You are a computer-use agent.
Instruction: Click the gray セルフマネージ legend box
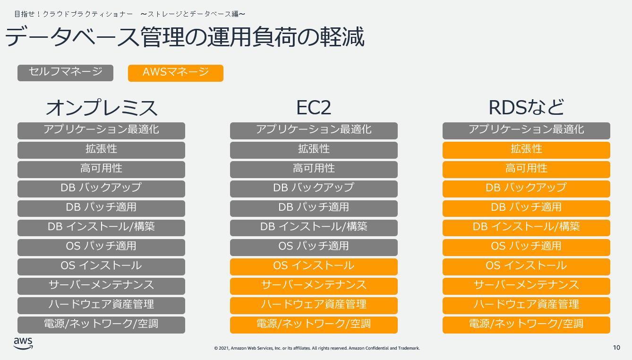[x=66, y=73]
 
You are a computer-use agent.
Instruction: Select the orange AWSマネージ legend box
[x=176, y=73]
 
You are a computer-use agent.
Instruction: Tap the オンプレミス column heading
[x=102, y=108]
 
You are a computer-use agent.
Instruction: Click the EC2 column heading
[x=314, y=108]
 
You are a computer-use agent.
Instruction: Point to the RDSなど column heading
[x=526, y=108]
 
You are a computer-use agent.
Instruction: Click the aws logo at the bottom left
[x=23, y=343]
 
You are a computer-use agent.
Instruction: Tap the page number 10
[x=616, y=348]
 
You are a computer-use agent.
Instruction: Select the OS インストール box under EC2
[x=314, y=267]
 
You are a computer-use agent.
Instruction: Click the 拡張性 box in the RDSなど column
[x=526, y=150]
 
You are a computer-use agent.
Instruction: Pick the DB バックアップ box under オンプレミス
[x=101, y=189]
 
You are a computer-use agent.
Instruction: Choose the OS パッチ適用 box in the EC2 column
[x=314, y=248]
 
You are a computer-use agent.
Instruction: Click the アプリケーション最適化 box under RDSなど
[x=526, y=130]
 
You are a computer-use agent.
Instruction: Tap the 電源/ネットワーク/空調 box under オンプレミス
[x=101, y=325]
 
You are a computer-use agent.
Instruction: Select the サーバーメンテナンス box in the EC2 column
[x=314, y=286]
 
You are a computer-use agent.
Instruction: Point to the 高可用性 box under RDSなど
[x=526, y=170]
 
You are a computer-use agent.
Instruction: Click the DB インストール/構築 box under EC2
[x=314, y=228]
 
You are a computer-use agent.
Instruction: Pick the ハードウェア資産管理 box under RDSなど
[x=526, y=306]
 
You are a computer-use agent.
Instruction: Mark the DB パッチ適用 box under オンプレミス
[x=101, y=208]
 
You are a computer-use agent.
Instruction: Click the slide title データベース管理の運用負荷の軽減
[x=185, y=37]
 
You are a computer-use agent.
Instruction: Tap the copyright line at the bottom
[x=317, y=348]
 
